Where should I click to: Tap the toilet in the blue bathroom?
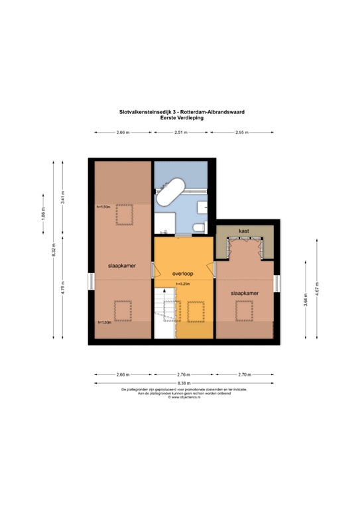click(x=197, y=229)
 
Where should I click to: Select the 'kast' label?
click(x=243, y=231)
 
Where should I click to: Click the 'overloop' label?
click(x=182, y=272)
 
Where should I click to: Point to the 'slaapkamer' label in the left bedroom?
click(x=122, y=265)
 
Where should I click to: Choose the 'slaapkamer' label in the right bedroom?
click(x=244, y=292)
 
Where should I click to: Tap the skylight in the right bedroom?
click(x=245, y=310)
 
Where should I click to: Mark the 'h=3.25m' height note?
click(x=182, y=284)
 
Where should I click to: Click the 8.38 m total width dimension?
click(x=184, y=383)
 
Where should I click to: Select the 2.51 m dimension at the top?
click(x=180, y=133)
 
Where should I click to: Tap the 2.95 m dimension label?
click(x=241, y=133)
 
